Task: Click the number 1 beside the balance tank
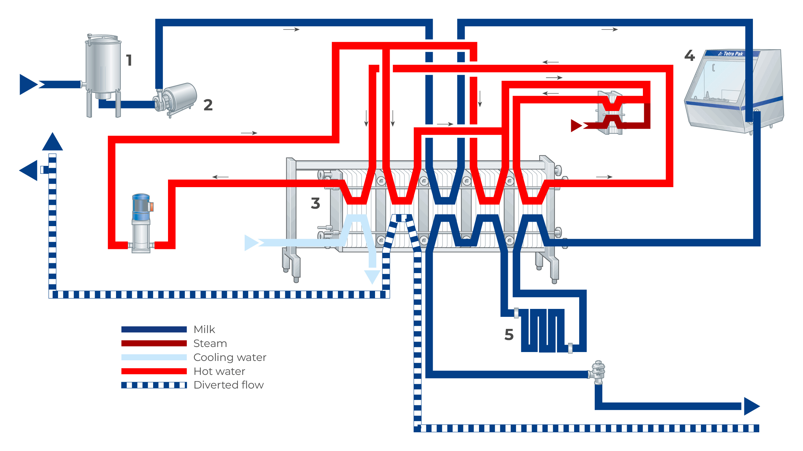pos(129,60)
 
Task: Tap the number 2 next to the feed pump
pos(208,105)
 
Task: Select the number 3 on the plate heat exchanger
pos(315,203)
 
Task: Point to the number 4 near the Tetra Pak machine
pos(690,56)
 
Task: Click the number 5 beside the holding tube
pos(509,335)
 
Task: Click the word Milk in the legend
pos(204,330)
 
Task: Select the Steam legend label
pos(210,343)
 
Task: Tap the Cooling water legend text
pos(230,357)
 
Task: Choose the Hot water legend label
pos(219,371)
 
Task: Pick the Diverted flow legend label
pos(229,385)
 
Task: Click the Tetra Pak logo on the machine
pos(731,54)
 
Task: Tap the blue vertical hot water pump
pos(141,222)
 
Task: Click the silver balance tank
pos(103,68)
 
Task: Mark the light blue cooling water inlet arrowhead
pos(251,243)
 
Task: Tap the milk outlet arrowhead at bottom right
pos(751,406)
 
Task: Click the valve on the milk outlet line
pos(598,372)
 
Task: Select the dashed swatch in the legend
pos(154,385)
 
